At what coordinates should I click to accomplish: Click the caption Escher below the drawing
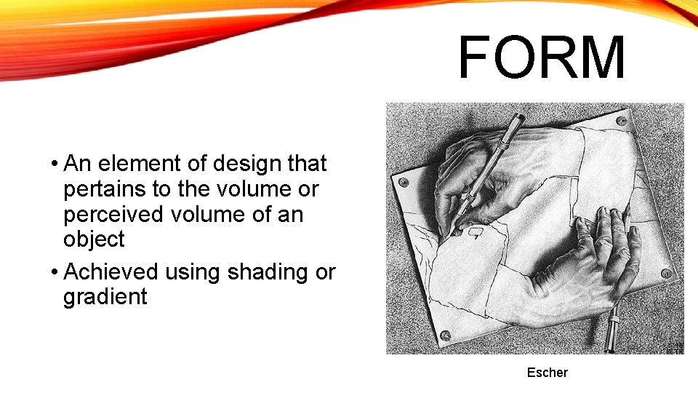547,373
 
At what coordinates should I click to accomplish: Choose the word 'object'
94,239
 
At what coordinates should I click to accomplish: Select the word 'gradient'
105,297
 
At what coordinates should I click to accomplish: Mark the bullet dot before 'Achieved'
55,272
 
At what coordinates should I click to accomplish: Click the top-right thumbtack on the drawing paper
621,121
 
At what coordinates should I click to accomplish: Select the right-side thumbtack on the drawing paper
666,274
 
